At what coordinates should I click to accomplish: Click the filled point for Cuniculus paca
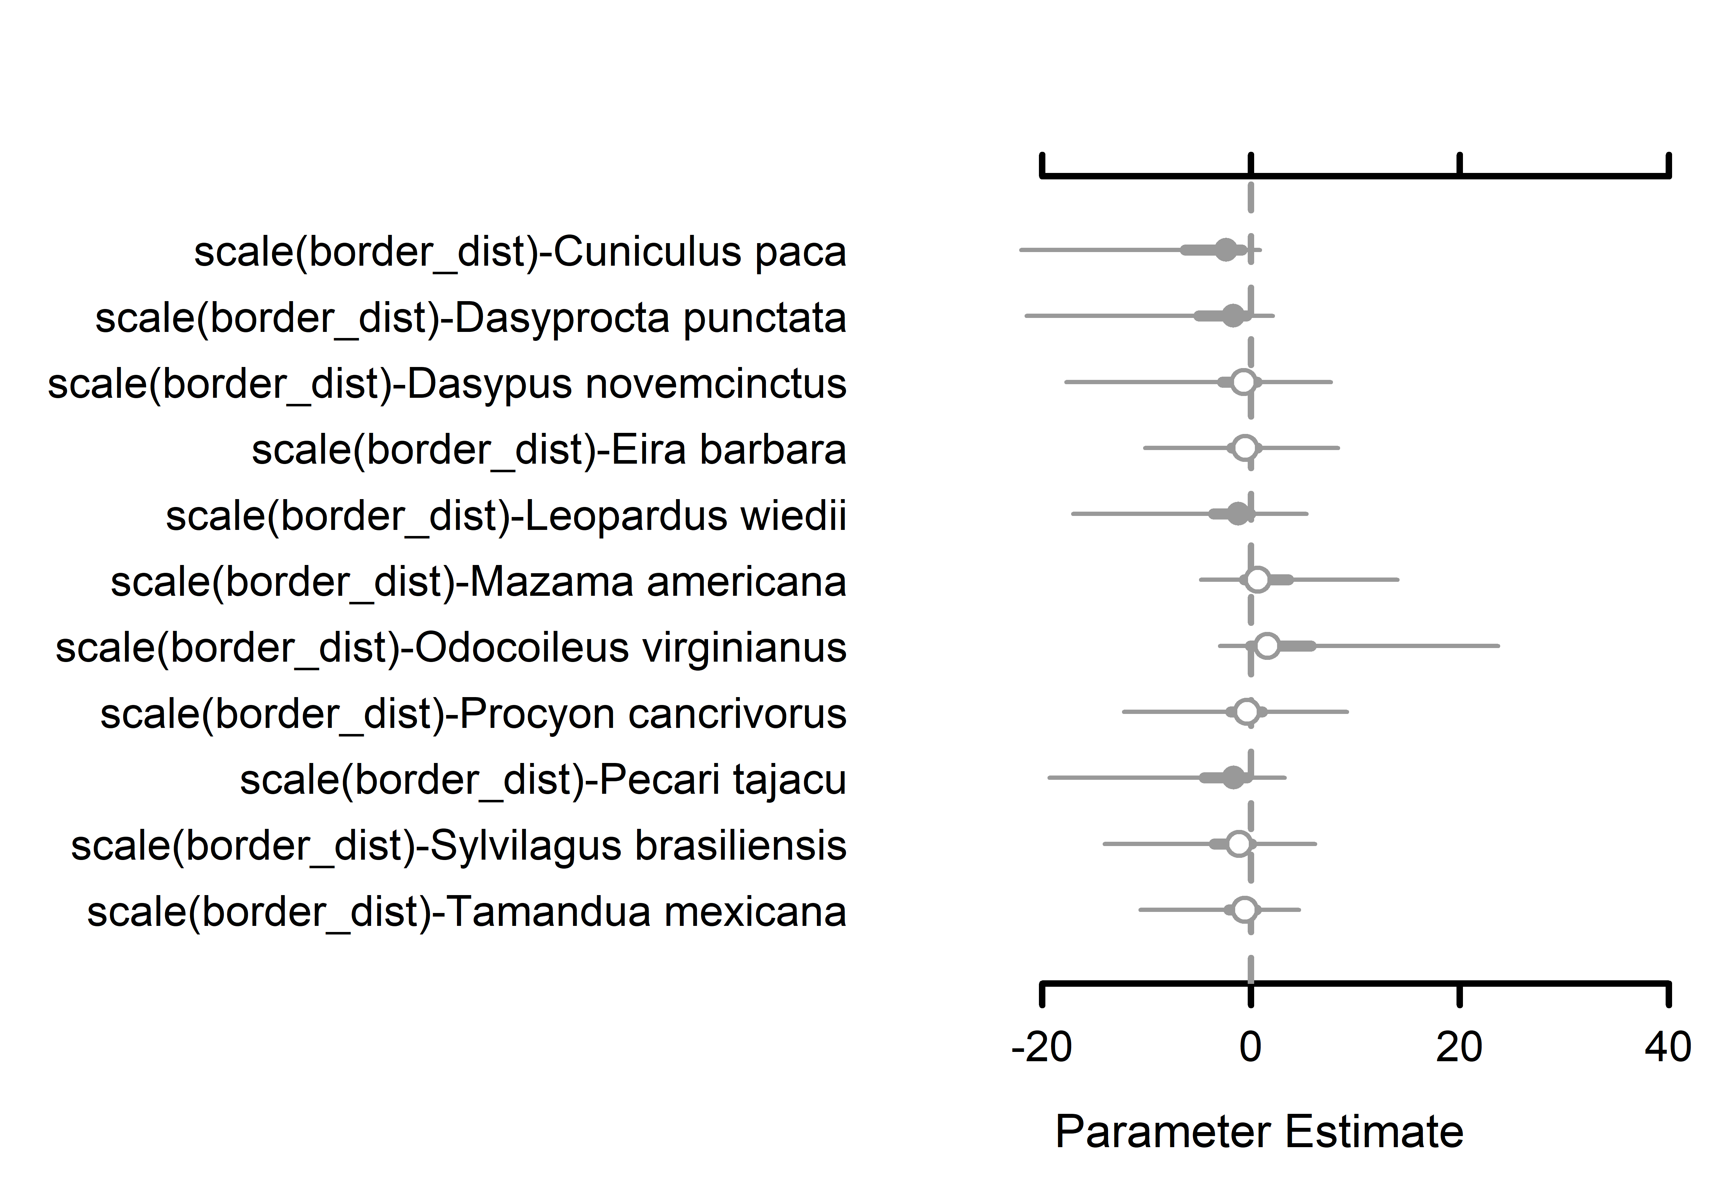point(1226,250)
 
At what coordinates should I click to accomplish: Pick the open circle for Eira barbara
point(1245,448)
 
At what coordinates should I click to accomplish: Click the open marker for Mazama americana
point(1258,579)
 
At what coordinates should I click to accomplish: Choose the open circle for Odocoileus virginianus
point(1267,645)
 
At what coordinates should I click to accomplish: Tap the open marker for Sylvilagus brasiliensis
point(1239,844)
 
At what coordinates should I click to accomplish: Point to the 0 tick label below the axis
point(1250,1047)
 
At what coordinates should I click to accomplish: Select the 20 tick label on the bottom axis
point(1459,1047)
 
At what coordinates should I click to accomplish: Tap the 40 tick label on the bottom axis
point(1667,1047)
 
